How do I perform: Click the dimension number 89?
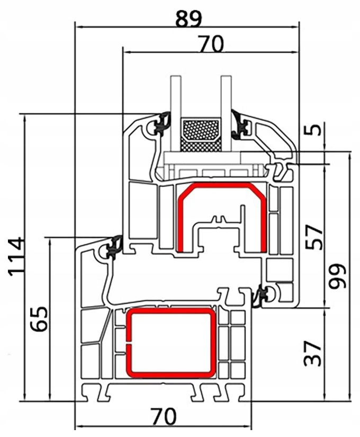click(188, 17)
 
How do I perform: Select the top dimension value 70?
click(211, 44)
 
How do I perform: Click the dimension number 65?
click(39, 319)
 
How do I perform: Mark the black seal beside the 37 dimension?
click(262, 295)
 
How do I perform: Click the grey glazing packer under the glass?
click(201, 158)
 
